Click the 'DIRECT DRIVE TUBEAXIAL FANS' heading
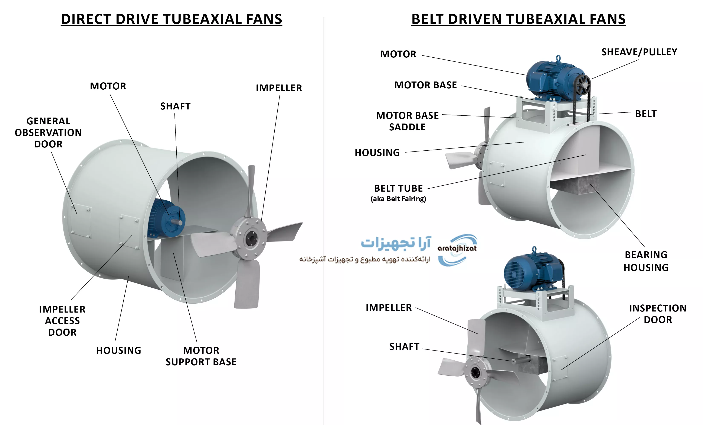pos(171,19)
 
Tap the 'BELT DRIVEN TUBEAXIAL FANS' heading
pos(518,19)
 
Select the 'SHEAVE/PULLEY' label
pos(639,52)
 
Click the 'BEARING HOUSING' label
pos(646,261)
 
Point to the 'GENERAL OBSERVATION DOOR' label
pos(48,132)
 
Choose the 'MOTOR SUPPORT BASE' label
pos(201,356)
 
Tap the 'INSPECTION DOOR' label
pos(658,314)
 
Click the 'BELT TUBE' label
pos(398,188)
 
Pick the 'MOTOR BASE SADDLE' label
pos(407,121)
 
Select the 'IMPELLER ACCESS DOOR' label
pos(62,320)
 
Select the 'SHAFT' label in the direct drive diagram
pos(175,106)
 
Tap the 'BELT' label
pos(646,114)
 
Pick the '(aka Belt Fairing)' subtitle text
pos(398,199)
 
